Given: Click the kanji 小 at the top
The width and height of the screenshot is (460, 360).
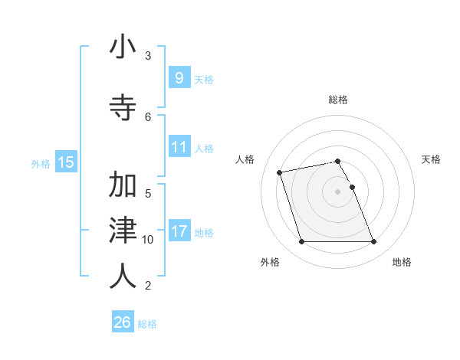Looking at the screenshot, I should pyautogui.click(x=123, y=47).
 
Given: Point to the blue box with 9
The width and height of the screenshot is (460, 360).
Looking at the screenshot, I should pyautogui.click(x=179, y=78).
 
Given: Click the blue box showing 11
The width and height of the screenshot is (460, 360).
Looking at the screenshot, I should pyautogui.click(x=179, y=147).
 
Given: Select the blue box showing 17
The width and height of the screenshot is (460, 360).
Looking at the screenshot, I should pyautogui.click(x=179, y=231).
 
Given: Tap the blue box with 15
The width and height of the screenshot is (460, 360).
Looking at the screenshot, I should pyautogui.click(x=66, y=162).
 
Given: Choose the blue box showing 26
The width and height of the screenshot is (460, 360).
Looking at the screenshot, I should pyautogui.click(x=123, y=322).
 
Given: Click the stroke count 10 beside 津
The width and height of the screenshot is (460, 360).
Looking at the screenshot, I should pyautogui.click(x=148, y=239).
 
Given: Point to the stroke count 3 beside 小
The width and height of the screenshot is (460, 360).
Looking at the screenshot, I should pyautogui.click(x=148, y=55).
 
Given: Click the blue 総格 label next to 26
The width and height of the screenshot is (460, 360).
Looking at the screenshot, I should pyautogui.click(x=147, y=324).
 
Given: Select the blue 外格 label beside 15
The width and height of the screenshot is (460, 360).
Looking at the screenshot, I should pyautogui.click(x=41, y=163).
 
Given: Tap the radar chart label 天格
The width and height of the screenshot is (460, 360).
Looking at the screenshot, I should pyautogui.click(x=431, y=159).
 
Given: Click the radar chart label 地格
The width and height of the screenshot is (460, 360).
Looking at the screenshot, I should pyautogui.click(x=402, y=262).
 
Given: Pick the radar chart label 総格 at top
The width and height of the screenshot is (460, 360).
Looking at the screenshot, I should pyautogui.click(x=338, y=100).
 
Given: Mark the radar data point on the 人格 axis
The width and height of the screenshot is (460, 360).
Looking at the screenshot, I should pyautogui.click(x=280, y=172).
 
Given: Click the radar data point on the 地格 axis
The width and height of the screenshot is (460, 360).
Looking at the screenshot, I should pyautogui.click(x=373, y=242).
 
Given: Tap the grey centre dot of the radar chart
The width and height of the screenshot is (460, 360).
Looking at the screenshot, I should pyautogui.click(x=338, y=191).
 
